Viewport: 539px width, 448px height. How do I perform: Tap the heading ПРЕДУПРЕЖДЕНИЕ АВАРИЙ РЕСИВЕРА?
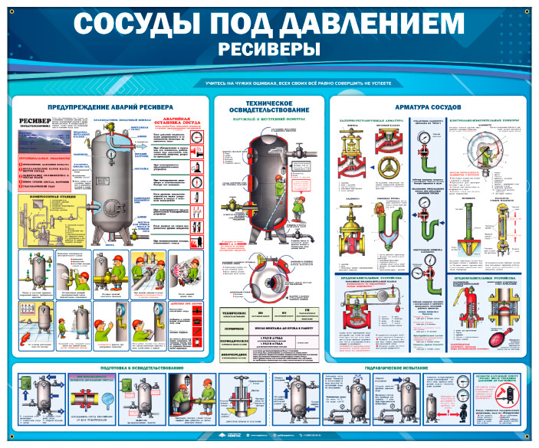click(110, 106)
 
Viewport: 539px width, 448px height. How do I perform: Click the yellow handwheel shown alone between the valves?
click(388, 168)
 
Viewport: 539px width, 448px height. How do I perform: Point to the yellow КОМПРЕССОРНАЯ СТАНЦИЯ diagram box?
click(45, 215)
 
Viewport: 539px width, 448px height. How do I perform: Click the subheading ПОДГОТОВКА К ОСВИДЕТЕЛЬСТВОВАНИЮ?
click(139, 369)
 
